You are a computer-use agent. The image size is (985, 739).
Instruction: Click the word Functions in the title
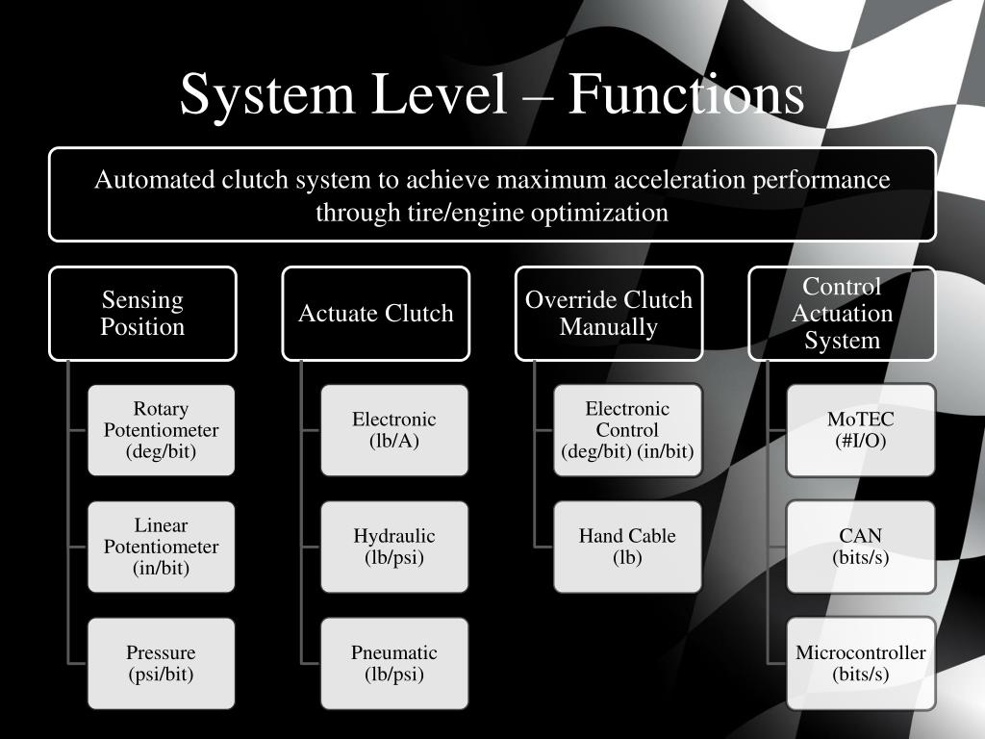pos(685,95)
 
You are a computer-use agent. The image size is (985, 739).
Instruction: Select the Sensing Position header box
pos(142,314)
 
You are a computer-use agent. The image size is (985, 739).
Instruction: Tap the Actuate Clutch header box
pos(375,314)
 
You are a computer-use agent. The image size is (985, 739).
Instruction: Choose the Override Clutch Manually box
pos(608,314)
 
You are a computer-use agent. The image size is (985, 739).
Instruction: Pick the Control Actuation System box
pos(842,314)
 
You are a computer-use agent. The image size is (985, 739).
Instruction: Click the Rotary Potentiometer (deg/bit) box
pos(161,430)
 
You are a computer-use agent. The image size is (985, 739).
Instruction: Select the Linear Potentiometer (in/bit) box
pos(161,547)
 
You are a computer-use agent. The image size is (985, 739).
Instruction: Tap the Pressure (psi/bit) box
pos(161,663)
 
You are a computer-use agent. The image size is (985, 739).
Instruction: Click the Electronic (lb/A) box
pos(394,430)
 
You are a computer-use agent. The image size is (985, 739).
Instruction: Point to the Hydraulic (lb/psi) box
pos(394,547)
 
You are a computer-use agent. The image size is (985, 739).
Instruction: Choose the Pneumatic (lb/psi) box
pos(394,663)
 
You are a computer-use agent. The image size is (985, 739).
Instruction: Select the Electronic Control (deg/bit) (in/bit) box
pos(627,430)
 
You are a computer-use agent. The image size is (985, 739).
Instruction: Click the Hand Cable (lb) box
pos(627,547)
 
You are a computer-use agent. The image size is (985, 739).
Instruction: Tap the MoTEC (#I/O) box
pos(860,430)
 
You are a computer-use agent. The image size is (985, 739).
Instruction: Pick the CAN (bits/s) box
pos(860,547)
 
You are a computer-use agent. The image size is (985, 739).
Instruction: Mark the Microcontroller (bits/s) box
pos(860,663)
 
